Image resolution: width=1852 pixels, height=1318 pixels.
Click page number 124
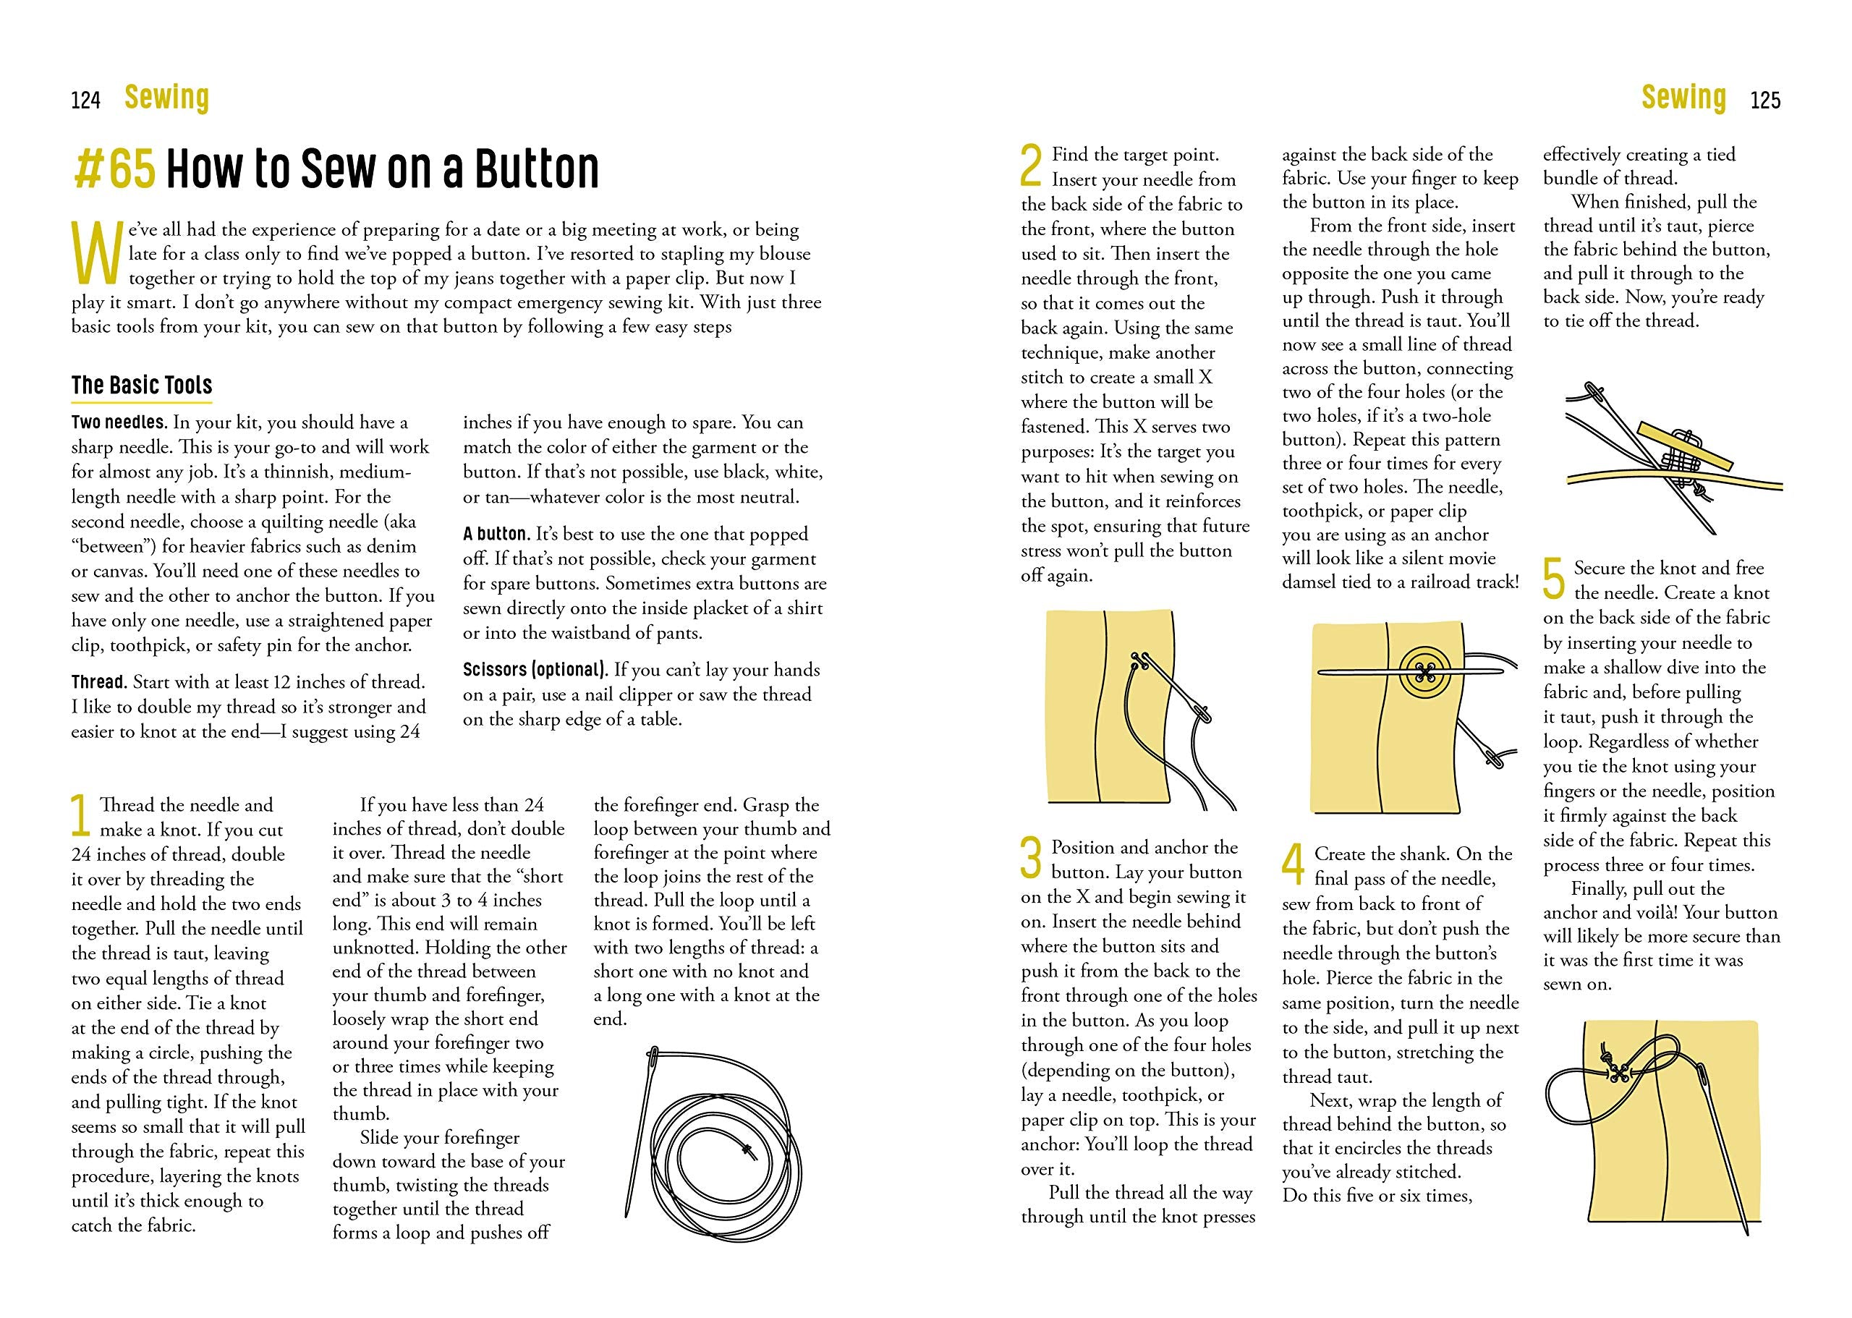(x=85, y=101)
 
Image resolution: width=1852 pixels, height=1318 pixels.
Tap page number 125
(x=1765, y=101)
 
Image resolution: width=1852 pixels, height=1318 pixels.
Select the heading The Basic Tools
(x=141, y=385)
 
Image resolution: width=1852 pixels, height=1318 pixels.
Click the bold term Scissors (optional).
(x=535, y=671)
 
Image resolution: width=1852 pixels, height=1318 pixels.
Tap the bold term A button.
(x=496, y=534)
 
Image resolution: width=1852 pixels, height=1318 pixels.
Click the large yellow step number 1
(x=80, y=816)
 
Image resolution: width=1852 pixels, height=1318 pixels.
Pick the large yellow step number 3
(x=1030, y=858)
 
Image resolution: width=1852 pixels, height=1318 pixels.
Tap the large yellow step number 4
(x=1293, y=864)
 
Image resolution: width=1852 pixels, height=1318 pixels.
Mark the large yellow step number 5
(x=1553, y=579)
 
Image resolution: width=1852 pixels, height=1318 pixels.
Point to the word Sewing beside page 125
(x=1683, y=98)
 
